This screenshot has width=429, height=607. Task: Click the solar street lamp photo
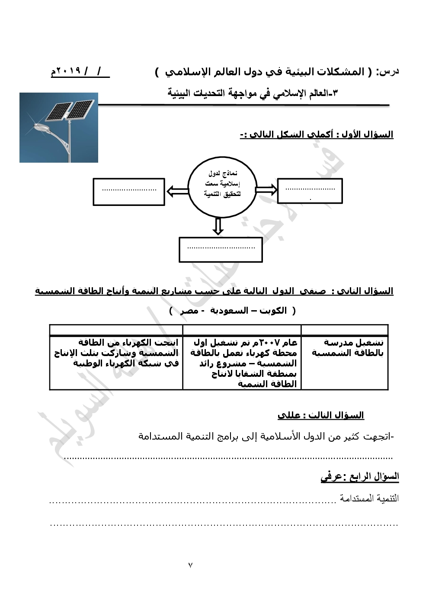[59, 128]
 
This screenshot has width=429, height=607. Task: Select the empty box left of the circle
[129, 192]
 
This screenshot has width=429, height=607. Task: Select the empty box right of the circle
[310, 191]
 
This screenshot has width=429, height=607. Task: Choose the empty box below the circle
[221, 250]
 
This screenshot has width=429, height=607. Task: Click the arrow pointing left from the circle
[177, 191]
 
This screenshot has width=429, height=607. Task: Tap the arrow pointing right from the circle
[266, 189]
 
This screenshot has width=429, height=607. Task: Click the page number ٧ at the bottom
[190, 565]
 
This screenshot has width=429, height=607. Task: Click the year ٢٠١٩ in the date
[68, 71]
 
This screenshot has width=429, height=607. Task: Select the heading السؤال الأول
[367, 134]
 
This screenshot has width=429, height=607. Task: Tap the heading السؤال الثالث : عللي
[320, 415]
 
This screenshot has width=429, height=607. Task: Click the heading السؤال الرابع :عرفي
[359, 476]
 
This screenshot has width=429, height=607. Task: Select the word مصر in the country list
[189, 311]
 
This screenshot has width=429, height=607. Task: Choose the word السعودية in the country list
[229, 311]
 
